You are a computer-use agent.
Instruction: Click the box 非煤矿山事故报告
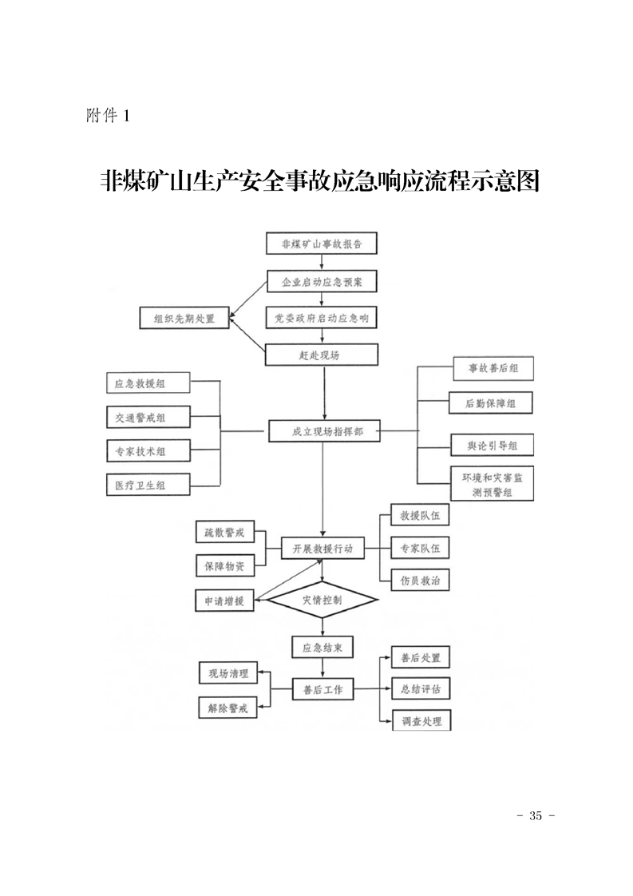click(322, 244)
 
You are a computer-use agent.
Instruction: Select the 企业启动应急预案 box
click(322, 281)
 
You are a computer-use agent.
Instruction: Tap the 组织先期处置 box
click(184, 317)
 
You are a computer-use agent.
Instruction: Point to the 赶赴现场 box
click(322, 355)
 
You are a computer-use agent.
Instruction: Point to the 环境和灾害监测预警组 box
click(492, 484)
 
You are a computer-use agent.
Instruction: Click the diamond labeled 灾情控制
click(322, 599)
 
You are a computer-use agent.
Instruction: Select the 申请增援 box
click(224, 601)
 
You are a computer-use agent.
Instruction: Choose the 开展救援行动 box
click(322, 549)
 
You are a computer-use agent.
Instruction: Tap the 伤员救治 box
click(420, 580)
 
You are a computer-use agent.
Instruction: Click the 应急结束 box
click(322, 647)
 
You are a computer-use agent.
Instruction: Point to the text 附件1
click(106, 117)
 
